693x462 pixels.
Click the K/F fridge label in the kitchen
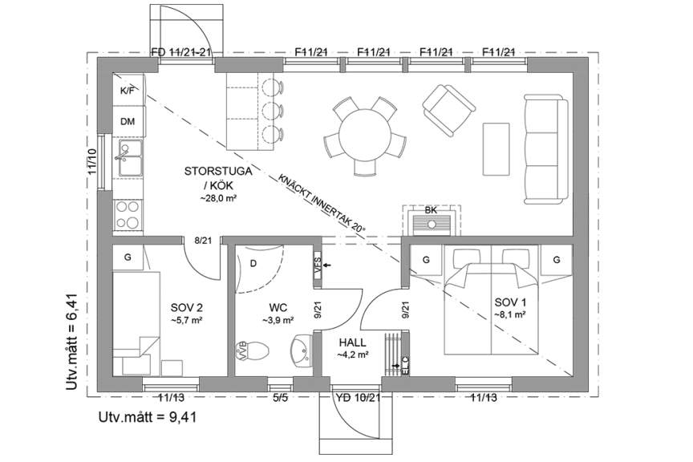pos(128,91)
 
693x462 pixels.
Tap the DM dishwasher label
pos(128,122)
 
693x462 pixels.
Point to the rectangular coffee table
pos(496,149)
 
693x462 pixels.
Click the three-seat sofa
pos(546,149)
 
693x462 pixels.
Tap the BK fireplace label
pos(431,210)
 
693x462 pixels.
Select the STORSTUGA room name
pos(218,171)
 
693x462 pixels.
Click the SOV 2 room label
pos(187,307)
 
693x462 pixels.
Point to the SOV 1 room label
pos(510,303)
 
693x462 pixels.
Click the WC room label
pos(278,307)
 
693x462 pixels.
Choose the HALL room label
pos(353,342)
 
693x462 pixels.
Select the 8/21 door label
pos(203,241)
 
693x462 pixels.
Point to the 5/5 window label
pos(280,398)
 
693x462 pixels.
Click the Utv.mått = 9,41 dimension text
pos(148,417)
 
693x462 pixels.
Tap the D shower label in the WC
pos(253,264)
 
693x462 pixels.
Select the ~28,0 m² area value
pos(218,199)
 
